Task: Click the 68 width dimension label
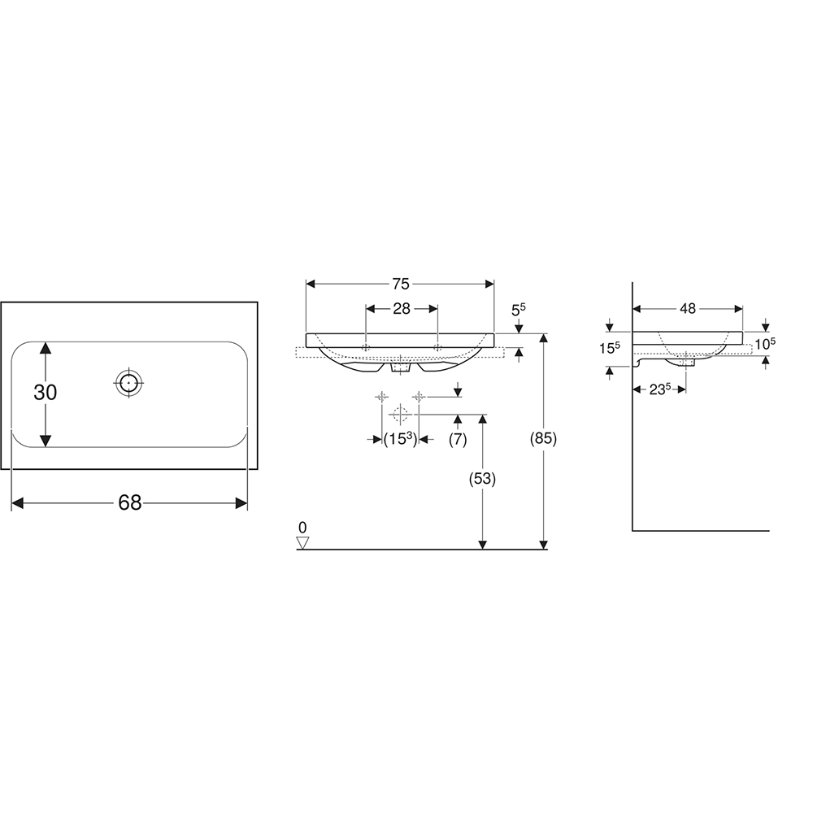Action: coord(129,502)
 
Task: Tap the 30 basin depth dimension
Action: coord(45,393)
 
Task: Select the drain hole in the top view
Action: coord(128,383)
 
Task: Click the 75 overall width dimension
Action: coord(400,284)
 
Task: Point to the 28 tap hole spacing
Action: coord(402,308)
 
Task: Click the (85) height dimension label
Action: coord(543,439)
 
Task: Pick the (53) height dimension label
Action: coord(482,479)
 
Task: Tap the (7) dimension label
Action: coord(457,440)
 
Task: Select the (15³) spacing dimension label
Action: coord(400,439)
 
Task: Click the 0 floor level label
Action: coord(302,528)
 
